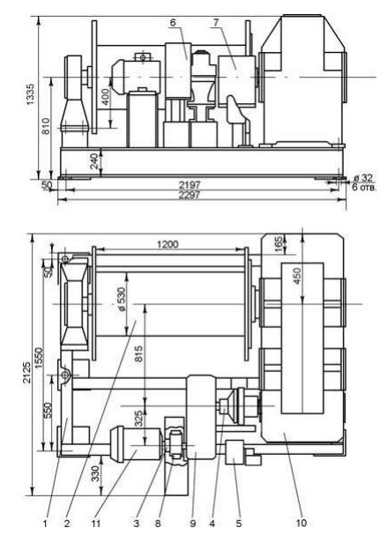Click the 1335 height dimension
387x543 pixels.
(31, 94)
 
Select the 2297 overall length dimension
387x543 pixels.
(190, 196)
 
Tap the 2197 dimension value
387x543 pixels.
(190, 185)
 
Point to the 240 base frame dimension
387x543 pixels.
(94, 161)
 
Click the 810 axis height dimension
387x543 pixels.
(45, 126)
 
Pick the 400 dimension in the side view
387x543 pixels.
(105, 97)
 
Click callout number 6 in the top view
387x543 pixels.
(173, 23)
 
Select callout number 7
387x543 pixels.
(216, 23)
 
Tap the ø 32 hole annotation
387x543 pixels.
(362, 178)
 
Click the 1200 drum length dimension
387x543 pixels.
(168, 244)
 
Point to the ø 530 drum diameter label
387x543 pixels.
(123, 299)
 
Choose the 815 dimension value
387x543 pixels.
(138, 353)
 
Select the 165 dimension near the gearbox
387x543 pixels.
(288, 242)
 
